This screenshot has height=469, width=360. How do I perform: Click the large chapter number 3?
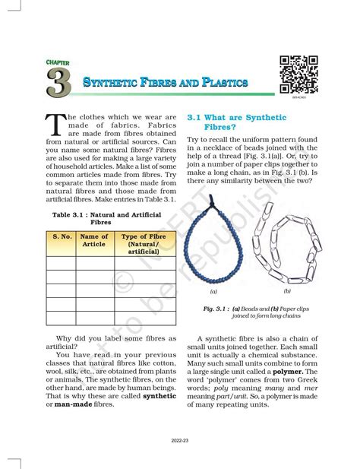click(58, 83)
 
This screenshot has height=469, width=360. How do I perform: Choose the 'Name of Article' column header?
click(94, 240)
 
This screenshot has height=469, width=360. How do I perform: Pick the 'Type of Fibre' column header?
click(138, 243)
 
